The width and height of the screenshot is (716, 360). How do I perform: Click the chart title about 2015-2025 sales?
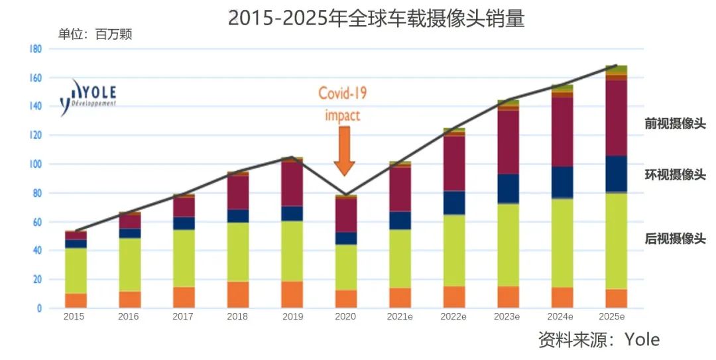pos(376,19)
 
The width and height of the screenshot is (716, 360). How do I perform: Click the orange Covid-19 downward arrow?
pos(344,151)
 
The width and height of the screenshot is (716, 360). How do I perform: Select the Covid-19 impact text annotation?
pos(343,103)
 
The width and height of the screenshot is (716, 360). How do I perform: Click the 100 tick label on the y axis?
pos(35,164)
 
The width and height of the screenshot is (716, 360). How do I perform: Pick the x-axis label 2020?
pos(345,317)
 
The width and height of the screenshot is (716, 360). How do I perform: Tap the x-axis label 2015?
pos(74,317)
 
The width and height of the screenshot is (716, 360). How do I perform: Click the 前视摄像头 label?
pos(675,124)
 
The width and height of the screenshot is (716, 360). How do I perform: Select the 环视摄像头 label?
pos(675,175)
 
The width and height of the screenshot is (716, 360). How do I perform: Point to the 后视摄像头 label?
pos(675,239)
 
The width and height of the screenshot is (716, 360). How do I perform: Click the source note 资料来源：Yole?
pos(599,340)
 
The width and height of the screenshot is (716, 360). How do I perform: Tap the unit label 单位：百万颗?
pos(95,34)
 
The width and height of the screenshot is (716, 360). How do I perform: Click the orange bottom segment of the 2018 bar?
pos(237,294)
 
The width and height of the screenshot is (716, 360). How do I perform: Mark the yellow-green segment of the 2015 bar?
pos(76,270)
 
